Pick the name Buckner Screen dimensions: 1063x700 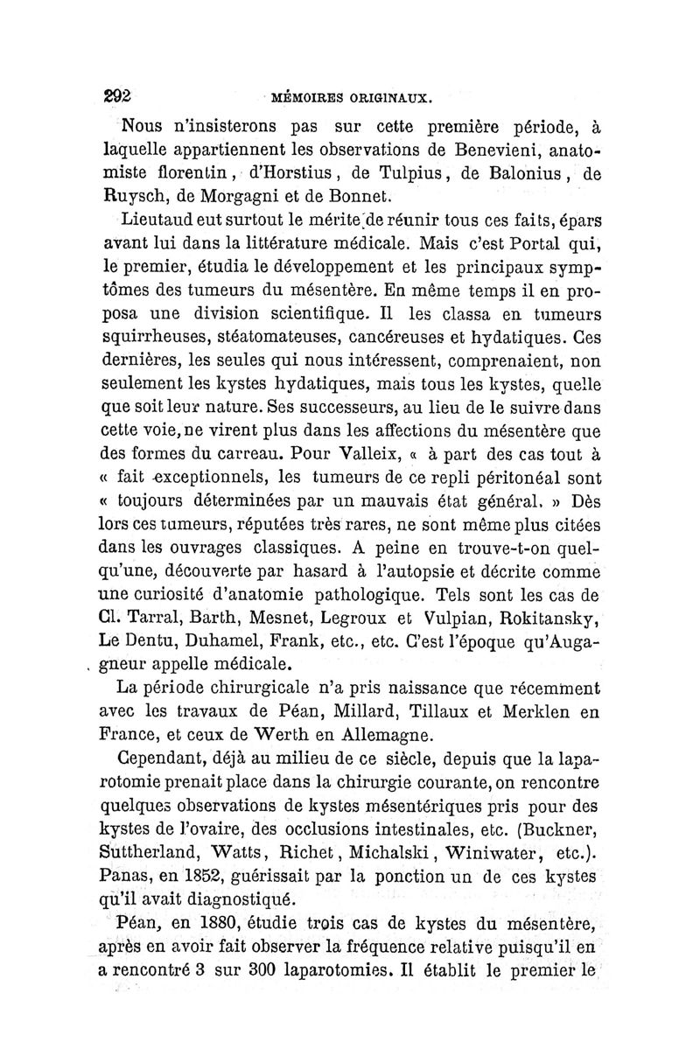click(562, 827)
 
